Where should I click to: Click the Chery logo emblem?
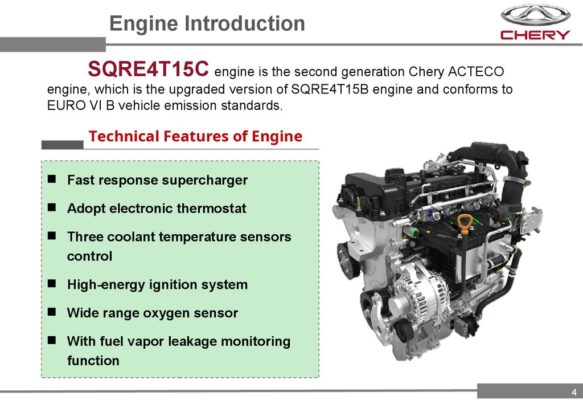pos(535,15)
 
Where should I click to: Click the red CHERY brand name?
pos(535,35)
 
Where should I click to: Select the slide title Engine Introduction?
pos(207,23)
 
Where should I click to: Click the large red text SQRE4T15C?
pos(148,68)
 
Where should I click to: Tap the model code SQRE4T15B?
pos(330,89)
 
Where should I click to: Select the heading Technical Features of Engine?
pos(195,136)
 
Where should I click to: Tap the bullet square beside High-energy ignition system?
pos(52,283)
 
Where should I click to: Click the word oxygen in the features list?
pos(166,313)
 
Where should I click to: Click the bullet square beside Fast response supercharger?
pos(52,179)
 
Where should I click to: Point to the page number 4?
pos(574,392)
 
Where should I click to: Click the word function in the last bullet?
pos(93,361)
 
